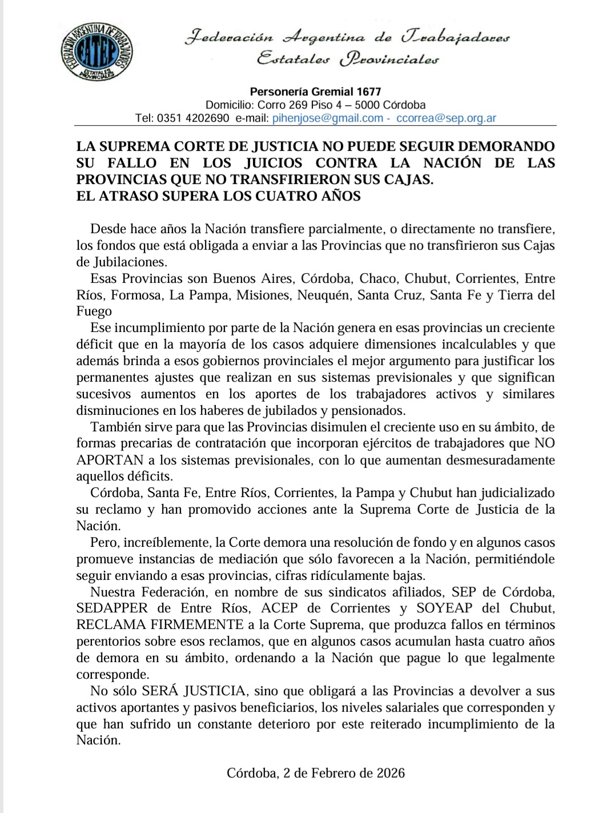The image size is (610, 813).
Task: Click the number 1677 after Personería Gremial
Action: point(368,91)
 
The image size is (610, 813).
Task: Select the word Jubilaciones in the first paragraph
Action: point(130,262)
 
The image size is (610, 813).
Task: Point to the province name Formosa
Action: point(132,295)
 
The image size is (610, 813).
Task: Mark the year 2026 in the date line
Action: point(390,773)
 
